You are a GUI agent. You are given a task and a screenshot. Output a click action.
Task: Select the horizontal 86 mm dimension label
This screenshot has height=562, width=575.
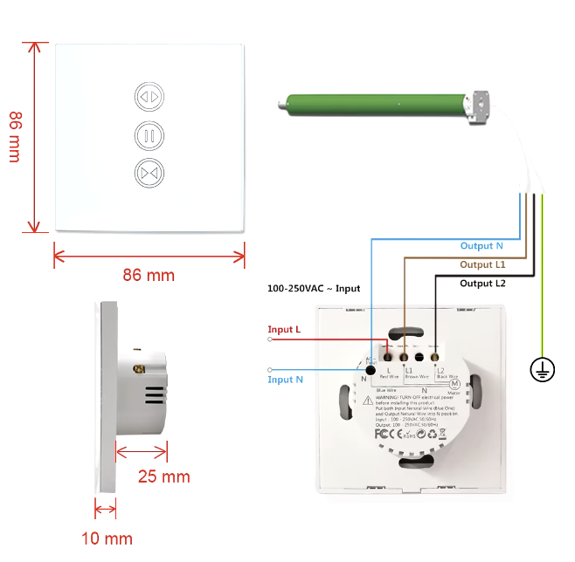click(x=149, y=275)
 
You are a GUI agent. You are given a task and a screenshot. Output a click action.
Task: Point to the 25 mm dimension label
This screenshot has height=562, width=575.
click(x=163, y=476)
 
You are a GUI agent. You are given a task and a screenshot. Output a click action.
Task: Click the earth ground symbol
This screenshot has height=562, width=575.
click(x=542, y=370)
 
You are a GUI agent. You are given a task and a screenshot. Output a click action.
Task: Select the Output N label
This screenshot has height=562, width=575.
click(x=482, y=246)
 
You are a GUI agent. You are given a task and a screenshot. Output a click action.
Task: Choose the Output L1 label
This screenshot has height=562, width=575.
click(x=483, y=264)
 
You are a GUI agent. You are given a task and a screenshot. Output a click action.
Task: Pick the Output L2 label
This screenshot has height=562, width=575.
click(x=483, y=283)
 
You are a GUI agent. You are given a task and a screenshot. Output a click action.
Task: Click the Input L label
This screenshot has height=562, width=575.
click(x=285, y=329)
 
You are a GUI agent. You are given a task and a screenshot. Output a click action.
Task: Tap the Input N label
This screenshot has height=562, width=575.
click(x=286, y=379)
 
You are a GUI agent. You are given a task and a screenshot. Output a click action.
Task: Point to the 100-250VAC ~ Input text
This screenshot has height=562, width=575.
click(x=314, y=288)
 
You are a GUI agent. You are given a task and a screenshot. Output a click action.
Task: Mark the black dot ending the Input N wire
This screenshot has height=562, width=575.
click(x=370, y=371)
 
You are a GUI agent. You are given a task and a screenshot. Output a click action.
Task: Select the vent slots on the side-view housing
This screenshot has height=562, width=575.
click(x=154, y=395)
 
